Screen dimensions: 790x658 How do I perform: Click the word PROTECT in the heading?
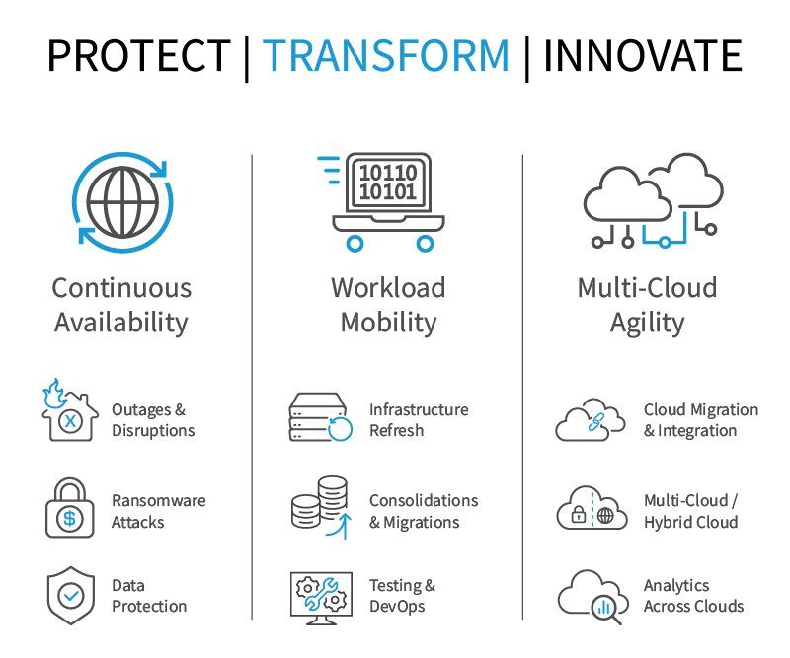[139, 55]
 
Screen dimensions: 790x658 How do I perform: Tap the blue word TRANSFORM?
[386, 55]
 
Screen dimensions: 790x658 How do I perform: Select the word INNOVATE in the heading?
[643, 55]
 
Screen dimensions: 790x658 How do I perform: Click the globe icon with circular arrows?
[122, 202]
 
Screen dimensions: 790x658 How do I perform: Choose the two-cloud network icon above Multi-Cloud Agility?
[654, 200]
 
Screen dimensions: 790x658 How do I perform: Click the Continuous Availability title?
[121, 305]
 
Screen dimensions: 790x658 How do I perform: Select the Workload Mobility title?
[388, 305]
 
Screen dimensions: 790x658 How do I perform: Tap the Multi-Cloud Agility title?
[648, 305]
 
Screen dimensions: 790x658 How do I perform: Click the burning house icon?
[69, 410]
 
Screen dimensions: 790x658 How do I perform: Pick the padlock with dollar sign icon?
[70, 508]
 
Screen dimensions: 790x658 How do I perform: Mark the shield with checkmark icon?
[71, 596]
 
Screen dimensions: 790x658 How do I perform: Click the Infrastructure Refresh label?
[419, 420]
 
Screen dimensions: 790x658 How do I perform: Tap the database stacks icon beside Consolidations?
[320, 507]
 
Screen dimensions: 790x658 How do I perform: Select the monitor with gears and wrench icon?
[322, 599]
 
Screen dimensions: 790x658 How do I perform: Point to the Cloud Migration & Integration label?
[701, 420]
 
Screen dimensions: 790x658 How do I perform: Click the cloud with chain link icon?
[590, 420]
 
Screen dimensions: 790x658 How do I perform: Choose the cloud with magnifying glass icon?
[592, 598]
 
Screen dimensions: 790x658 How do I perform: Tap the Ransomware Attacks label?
[159, 511]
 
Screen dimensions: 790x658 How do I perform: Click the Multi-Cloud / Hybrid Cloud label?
[690, 511]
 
